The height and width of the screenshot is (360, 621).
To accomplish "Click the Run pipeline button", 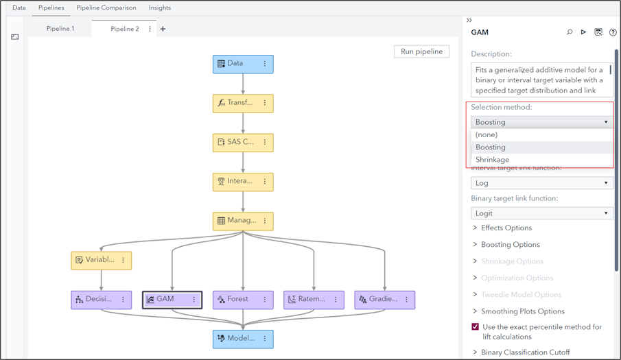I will tap(422, 51).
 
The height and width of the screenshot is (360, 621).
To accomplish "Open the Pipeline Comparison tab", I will tap(106, 8).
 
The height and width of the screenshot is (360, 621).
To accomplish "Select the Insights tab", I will tap(160, 8).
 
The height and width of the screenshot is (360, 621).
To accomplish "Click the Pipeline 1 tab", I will tap(60, 29).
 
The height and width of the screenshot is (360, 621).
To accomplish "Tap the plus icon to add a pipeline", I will tap(163, 29).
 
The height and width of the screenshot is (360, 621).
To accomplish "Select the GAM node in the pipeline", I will tap(165, 300).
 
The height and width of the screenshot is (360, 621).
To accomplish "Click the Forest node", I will tap(237, 300).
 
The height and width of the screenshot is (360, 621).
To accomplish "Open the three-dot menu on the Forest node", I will tap(265, 300).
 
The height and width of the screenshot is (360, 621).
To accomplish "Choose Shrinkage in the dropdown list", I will tap(493, 160).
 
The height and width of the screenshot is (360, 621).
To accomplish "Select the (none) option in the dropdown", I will tap(487, 135).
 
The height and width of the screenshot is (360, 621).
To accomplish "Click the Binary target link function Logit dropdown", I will tap(541, 213).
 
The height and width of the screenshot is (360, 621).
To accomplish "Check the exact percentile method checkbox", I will tap(475, 327).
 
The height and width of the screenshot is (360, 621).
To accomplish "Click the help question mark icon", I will tap(613, 32).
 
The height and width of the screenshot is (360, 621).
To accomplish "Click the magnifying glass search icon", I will tap(570, 32).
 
